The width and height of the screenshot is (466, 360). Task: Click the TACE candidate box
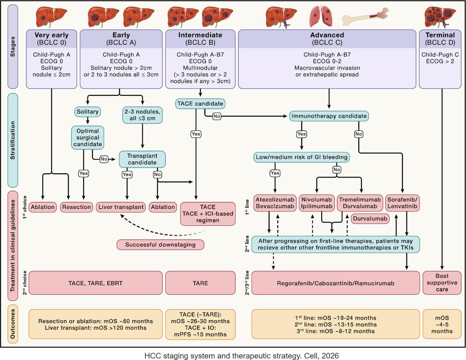200,104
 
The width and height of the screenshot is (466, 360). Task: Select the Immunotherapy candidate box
329,116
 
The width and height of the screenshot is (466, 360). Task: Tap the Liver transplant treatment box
121,207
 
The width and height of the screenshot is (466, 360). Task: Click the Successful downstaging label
160,245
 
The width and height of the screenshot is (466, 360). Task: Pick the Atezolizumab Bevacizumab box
275,203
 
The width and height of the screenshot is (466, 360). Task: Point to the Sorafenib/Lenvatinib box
402,203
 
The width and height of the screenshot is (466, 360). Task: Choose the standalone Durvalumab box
370,219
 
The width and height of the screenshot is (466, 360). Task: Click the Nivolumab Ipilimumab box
316,203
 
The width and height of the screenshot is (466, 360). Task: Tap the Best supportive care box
442,283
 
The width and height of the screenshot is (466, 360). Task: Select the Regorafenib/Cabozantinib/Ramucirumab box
336,283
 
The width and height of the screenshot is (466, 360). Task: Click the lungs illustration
321,17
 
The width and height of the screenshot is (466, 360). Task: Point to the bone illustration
365,17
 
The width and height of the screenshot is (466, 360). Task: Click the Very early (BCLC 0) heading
52,39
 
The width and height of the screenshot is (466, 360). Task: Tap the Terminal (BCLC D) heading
440,39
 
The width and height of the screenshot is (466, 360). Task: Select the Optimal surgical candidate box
88,138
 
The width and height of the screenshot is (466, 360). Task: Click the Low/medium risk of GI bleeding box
301,157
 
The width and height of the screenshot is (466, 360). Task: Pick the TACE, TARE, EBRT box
95,283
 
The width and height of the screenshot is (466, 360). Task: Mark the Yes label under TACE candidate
196,134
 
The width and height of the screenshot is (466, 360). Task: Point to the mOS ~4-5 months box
442,325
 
